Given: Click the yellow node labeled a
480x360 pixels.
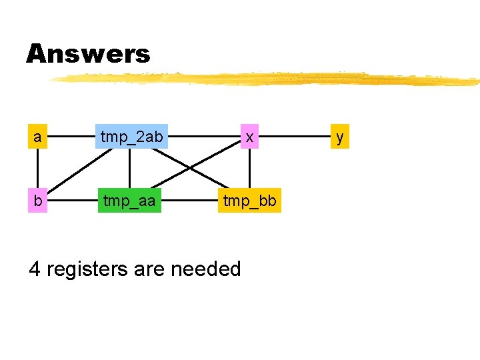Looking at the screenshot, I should (38, 137).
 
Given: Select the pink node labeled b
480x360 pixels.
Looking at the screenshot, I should (38, 201).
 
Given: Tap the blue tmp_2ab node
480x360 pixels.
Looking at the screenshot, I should (131, 137).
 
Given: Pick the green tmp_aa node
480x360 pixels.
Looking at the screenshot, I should (130, 201).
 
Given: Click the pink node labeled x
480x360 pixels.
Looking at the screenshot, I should (249, 137).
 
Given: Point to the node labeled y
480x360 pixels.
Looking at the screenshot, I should (340, 137).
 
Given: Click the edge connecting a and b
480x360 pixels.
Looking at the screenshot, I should (38, 169).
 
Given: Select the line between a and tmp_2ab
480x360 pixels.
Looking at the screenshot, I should (72, 137).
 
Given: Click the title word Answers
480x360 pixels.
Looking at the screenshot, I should (88, 53).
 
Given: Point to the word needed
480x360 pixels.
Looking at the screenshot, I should (206, 269).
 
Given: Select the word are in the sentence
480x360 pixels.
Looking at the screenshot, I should (151, 269).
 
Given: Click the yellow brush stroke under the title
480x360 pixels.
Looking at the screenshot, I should (267, 79).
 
